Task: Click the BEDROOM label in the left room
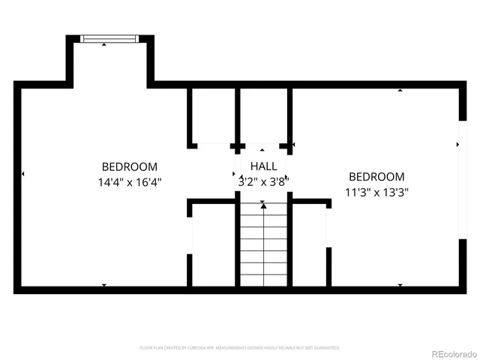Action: pyautogui.click(x=130, y=166)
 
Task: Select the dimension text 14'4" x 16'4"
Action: pyautogui.click(x=130, y=181)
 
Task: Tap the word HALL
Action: pyautogui.click(x=263, y=166)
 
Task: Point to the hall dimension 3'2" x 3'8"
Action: pyautogui.click(x=263, y=181)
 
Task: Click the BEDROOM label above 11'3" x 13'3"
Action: pyautogui.click(x=376, y=176)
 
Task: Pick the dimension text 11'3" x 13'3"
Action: pyautogui.click(x=376, y=191)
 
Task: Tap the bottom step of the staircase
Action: pyautogui.click(x=263, y=280)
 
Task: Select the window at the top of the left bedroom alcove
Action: pyautogui.click(x=109, y=39)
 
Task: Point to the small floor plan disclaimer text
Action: pyautogui.click(x=240, y=348)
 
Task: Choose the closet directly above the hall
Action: pyautogui.click(x=262, y=116)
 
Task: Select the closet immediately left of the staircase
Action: pyautogui.click(x=214, y=244)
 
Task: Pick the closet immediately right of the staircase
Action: pyautogui.click(x=308, y=244)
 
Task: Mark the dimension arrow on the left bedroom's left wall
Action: pyautogui.click(x=23, y=174)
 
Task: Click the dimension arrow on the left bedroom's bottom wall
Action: pyautogui.click(x=103, y=285)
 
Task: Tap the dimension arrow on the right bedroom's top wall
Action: pyautogui.click(x=400, y=91)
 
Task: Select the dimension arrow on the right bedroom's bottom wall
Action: pyautogui.click(x=400, y=285)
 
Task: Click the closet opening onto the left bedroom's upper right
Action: pyautogui.click(x=212, y=116)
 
